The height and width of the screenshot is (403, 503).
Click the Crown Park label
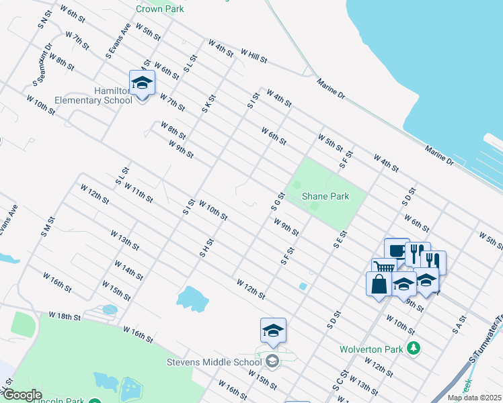tap(159, 9)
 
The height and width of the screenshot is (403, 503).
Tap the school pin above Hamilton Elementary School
tap(142, 83)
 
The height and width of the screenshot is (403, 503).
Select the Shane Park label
tap(325, 196)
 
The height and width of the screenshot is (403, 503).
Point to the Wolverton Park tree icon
tap(416, 348)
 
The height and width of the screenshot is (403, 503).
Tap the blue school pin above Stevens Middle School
tap(273, 331)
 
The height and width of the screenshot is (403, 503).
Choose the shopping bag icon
tap(379, 283)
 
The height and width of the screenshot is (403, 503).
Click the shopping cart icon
tap(384, 268)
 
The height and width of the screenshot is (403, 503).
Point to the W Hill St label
tap(254, 56)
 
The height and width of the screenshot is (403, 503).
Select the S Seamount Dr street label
tap(42, 66)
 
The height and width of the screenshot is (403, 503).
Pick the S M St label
tap(46, 226)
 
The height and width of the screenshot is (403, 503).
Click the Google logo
tap(22, 395)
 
